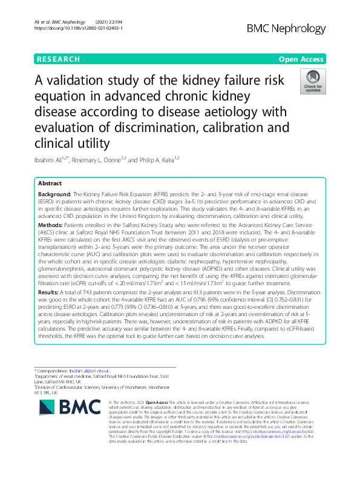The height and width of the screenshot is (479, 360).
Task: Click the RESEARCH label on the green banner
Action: (58, 59)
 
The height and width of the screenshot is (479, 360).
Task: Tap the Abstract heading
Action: (50, 183)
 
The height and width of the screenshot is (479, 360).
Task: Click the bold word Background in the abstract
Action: (55, 196)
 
